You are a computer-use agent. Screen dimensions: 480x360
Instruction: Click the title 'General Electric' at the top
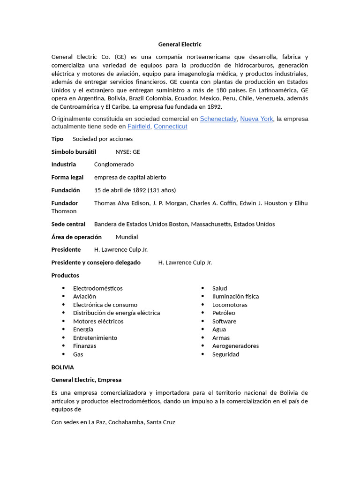[180, 44]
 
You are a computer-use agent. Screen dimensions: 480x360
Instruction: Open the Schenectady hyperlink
[218, 119]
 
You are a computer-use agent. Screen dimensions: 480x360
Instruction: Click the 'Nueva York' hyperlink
[256, 119]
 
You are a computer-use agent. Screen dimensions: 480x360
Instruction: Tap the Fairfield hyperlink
[139, 127]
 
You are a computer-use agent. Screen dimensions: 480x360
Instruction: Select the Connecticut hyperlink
[170, 127]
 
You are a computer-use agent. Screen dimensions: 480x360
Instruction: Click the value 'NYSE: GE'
[127, 152]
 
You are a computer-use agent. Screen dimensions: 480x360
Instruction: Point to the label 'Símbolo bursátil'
[74, 152]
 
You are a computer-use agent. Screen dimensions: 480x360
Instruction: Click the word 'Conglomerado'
[114, 165]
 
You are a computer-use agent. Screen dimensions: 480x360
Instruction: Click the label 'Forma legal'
[67, 177]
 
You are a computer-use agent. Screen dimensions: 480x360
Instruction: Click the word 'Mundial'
[127, 237]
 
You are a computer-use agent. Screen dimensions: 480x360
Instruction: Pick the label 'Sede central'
[68, 224]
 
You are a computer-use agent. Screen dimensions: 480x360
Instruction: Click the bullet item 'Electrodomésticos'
[97, 288]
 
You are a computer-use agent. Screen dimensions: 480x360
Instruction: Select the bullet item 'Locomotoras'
[230, 305]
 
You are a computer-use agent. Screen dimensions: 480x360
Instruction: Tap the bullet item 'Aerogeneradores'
[235, 346]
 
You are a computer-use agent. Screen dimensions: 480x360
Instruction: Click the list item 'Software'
[224, 321]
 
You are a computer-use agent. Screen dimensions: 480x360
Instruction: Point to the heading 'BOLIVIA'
[62, 367]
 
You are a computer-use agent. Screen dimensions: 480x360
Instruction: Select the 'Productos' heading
[65, 275]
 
